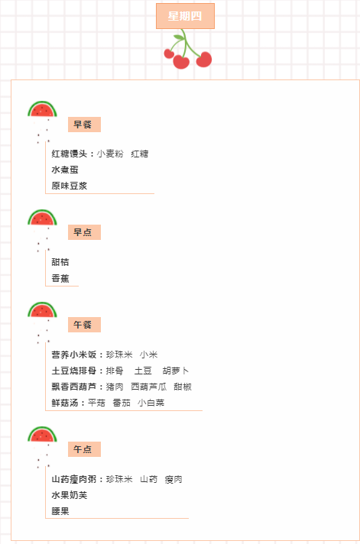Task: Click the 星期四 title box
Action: [185, 16]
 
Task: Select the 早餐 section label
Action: [84, 125]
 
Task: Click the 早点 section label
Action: [84, 232]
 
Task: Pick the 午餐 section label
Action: [84, 325]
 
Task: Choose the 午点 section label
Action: [84, 449]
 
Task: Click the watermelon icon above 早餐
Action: [42, 109]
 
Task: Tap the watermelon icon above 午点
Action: [42, 435]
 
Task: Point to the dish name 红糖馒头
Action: [69, 154]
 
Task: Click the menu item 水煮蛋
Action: [65, 170]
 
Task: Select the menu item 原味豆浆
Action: [69, 186]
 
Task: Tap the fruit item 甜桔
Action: [60, 262]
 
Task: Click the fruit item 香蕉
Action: [60, 278]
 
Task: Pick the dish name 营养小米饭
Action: [74, 355]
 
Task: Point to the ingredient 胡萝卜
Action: [176, 371]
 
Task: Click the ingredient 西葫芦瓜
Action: [148, 387]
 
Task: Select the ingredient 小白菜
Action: [151, 403]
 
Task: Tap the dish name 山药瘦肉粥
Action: [74, 479]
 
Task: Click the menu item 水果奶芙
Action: [69, 495]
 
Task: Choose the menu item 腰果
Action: [60, 511]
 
